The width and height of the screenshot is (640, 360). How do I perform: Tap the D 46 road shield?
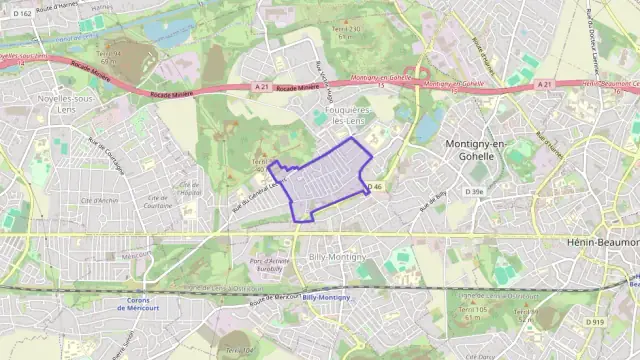376,187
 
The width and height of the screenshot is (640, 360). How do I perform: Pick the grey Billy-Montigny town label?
337,257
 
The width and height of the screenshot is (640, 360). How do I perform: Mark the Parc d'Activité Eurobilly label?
269,264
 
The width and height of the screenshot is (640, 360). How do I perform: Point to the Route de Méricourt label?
274,299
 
